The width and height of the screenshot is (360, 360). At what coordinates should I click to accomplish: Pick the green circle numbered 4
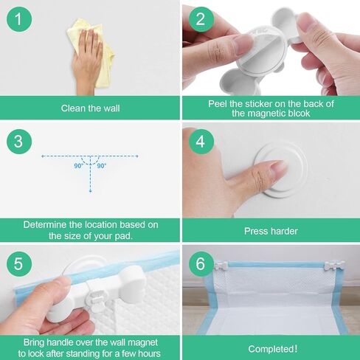pos(199,140)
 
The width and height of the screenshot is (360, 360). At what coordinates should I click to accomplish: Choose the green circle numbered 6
pos(199,263)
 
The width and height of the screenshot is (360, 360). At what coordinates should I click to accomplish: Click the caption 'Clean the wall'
pos(90,108)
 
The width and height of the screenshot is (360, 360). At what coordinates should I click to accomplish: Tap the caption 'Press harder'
pos(271,231)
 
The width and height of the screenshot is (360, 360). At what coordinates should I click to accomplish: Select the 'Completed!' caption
pos(271,349)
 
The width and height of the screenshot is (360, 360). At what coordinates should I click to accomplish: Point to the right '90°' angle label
pos(101,166)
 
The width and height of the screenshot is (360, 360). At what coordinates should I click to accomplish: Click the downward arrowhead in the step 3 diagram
pos(90,191)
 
